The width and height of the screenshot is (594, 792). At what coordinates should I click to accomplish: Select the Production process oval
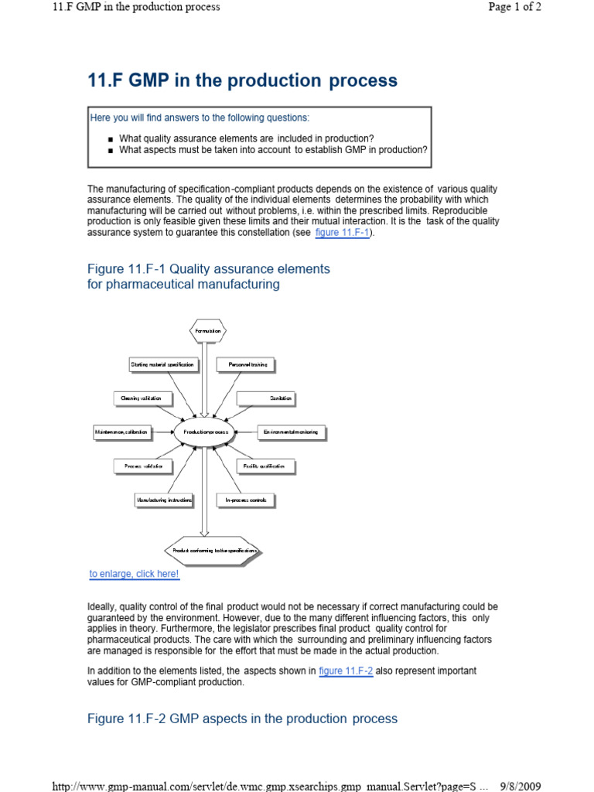pyautogui.click(x=204, y=432)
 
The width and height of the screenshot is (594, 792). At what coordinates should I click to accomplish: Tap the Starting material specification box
pyautogui.click(x=163, y=364)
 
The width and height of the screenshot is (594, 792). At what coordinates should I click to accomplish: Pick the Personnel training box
pyautogui.click(x=247, y=364)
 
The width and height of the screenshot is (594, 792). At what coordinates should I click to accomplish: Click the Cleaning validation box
pyautogui.click(x=142, y=398)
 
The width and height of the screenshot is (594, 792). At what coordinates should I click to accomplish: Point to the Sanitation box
pyautogui.click(x=265, y=398)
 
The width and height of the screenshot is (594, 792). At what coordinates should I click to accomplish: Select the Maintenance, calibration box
pyautogui.click(x=121, y=432)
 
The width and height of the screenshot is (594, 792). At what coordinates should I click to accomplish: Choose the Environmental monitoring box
pyautogui.click(x=292, y=432)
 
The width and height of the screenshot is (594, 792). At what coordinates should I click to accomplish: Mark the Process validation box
pyautogui.click(x=143, y=466)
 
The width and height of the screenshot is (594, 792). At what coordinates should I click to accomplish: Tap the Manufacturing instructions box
pyautogui.click(x=163, y=500)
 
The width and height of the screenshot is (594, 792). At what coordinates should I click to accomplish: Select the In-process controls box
pyautogui.click(x=246, y=500)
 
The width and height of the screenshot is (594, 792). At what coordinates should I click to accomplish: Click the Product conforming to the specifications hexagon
pyautogui.click(x=210, y=551)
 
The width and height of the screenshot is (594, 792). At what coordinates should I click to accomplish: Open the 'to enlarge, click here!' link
pyautogui.click(x=134, y=574)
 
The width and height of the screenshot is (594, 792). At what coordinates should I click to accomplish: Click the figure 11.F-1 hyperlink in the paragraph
pyautogui.click(x=343, y=233)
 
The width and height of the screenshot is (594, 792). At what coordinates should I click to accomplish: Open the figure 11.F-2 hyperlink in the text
pyautogui.click(x=346, y=671)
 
